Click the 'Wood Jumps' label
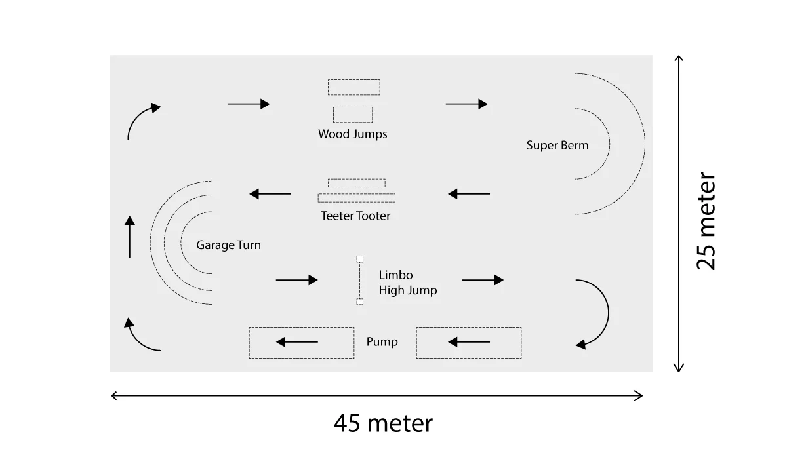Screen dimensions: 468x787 click(352, 134)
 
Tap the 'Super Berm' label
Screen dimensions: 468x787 click(557, 146)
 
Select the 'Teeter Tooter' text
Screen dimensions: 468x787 click(355, 216)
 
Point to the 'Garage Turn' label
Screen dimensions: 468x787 click(228, 245)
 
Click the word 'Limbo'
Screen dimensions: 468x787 click(395, 275)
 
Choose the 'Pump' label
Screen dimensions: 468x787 click(382, 342)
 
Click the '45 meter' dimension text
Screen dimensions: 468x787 click(383, 423)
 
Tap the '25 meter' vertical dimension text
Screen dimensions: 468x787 click(706, 221)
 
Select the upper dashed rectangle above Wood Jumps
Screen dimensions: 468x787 click(353, 87)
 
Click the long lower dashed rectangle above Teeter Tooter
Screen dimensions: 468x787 click(357, 197)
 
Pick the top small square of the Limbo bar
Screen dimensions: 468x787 click(359, 259)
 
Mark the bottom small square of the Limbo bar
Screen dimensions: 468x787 click(359, 302)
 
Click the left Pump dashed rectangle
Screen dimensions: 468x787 click(301, 342)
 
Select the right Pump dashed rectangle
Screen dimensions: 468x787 click(468, 342)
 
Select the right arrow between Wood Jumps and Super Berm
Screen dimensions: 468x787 click(466, 104)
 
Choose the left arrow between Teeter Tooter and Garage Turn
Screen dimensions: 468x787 click(270, 194)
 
